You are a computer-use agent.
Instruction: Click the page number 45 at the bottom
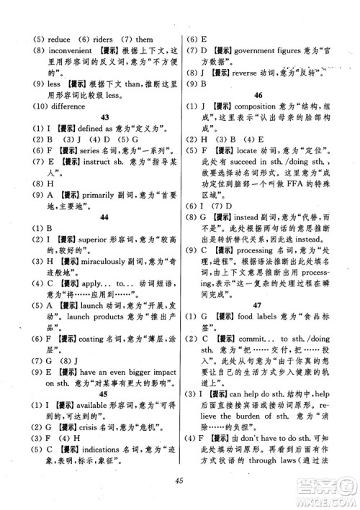click(x=179, y=483)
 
